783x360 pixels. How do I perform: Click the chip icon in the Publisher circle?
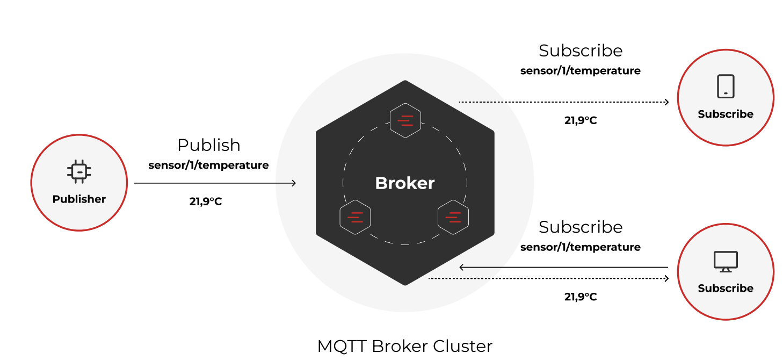coord(79,171)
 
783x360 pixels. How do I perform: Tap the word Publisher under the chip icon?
coord(79,199)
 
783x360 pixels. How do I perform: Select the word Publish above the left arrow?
coord(209,145)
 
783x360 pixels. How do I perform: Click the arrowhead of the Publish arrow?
coord(293,183)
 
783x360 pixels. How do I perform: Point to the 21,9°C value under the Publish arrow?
coord(206,202)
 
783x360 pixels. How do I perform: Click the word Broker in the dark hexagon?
coord(405,183)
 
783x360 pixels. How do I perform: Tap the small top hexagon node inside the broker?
coord(405,120)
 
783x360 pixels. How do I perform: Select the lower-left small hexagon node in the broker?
coord(355,217)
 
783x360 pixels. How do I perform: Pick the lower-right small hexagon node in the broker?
coord(453,217)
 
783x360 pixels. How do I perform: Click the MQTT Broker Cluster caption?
coord(405,345)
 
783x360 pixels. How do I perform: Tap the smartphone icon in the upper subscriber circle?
coord(726,86)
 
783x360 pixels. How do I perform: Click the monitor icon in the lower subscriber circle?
coord(726,262)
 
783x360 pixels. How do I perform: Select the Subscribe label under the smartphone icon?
coord(726,114)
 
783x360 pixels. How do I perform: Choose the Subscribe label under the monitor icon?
coord(726,289)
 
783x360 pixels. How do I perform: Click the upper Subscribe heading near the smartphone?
coord(581,51)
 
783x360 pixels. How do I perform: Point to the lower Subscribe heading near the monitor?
coord(581,227)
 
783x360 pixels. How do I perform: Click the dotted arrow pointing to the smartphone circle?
coord(564,102)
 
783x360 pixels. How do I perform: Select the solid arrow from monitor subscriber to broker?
coord(564,267)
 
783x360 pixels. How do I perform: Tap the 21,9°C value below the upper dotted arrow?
coord(581,120)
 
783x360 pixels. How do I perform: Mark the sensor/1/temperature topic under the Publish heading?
coord(209,165)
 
